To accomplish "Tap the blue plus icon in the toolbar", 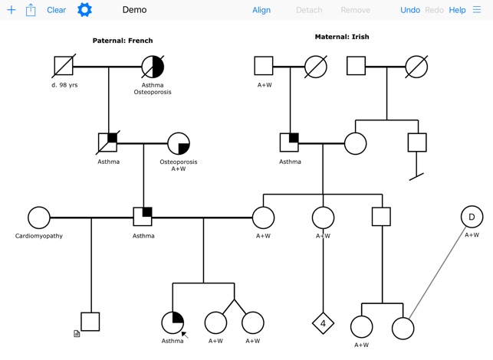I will (11, 10).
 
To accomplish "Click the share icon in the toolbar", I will (31, 10).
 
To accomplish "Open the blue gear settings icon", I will (84, 10).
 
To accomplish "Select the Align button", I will (261, 10).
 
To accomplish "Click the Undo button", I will (410, 10).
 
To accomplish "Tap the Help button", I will (457, 10).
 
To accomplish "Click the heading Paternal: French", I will (123, 41).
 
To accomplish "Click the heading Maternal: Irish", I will (342, 37).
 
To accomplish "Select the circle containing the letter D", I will (472, 218).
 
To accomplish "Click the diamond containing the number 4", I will (323, 323).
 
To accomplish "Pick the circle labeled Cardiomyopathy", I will (39, 218).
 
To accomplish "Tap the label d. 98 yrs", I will (64, 85).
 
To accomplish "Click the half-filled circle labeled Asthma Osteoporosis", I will (153, 67).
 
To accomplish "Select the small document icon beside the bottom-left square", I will (77, 334).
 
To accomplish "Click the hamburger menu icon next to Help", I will (478, 10).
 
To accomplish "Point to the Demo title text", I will (134, 10).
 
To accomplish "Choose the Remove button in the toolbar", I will (355, 10).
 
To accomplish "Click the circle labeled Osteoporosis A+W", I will (179, 144).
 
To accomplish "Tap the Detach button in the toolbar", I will (309, 10).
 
